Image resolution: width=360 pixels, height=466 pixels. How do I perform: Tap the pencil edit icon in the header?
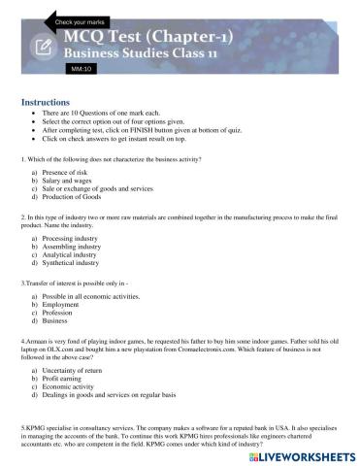point(44,47)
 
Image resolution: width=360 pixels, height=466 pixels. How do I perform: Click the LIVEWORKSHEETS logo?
point(300,453)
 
